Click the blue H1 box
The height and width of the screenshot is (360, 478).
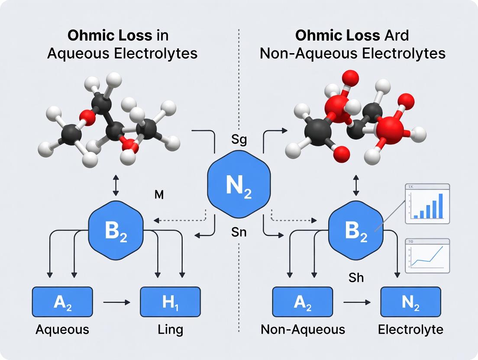coord(170,302)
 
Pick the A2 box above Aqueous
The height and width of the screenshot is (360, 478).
coord(62,302)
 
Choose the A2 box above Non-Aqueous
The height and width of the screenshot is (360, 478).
coord(302,302)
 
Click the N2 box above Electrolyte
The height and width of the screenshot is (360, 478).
coord(410,302)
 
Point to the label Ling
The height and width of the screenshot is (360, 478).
coord(170,330)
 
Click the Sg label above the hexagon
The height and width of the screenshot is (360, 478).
coord(239,141)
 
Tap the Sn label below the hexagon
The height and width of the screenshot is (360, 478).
coord(239,232)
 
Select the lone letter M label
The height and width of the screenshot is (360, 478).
coord(158,195)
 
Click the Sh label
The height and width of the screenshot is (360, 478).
coord(356,277)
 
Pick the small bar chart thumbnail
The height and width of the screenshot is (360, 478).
coord(427,204)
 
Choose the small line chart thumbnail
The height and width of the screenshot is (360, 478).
coord(427,256)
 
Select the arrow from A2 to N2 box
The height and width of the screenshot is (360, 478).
coord(356,302)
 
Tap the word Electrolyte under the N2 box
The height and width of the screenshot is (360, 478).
coord(410,330)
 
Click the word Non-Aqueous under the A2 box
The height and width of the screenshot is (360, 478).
coord(303,330)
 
